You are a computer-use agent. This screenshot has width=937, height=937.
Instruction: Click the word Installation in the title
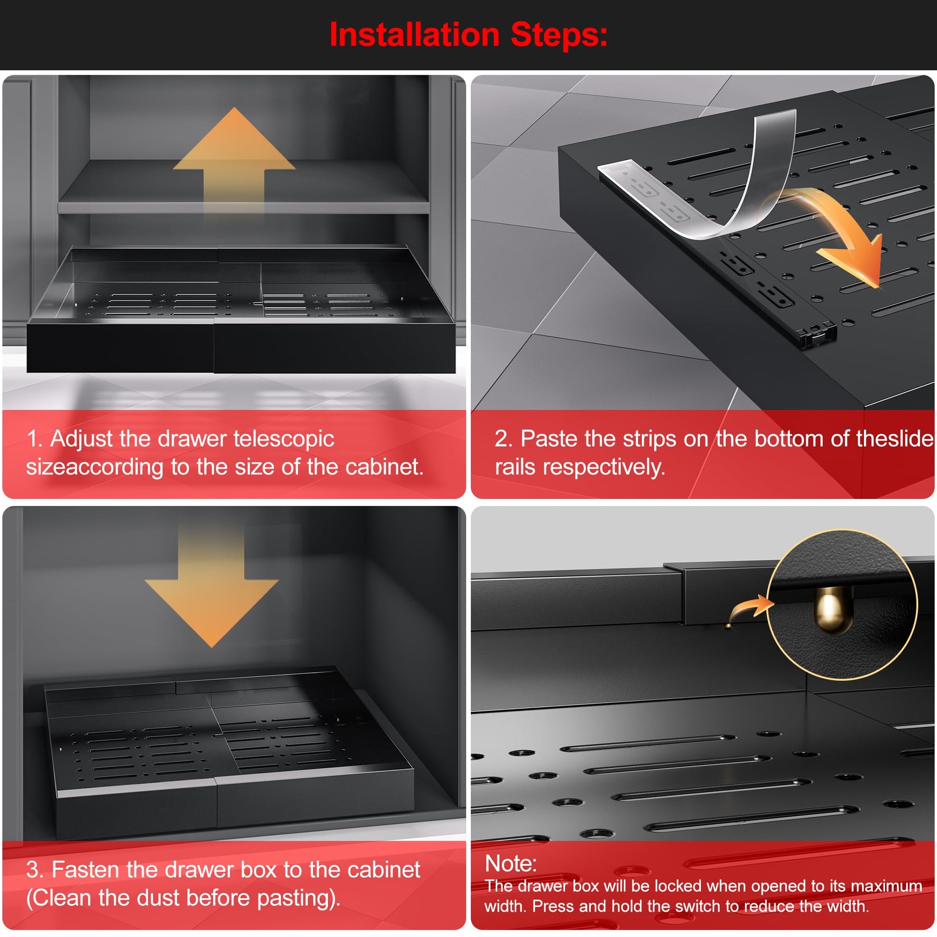coord(414,35)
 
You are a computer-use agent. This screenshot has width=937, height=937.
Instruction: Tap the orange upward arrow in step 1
coord(234,160)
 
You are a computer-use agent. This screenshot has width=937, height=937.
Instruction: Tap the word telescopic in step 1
coord(284,439)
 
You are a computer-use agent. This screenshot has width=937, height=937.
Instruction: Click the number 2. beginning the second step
coord(504,439)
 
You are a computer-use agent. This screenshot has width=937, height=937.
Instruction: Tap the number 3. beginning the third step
coord(35,869)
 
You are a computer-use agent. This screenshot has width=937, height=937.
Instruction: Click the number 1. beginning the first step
coord(35,439)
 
